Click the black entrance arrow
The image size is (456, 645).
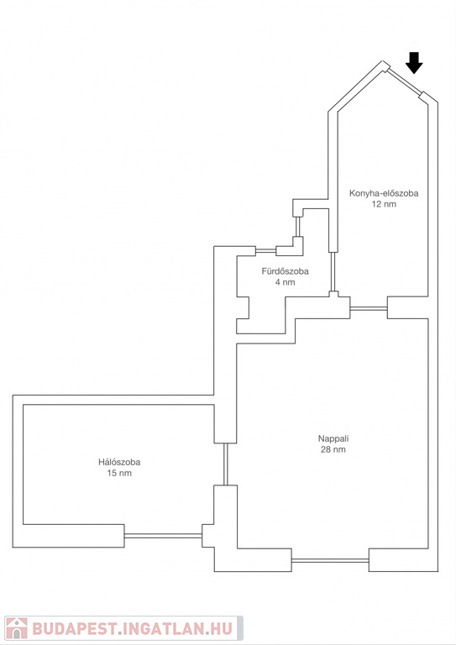414,63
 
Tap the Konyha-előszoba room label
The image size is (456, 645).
384,193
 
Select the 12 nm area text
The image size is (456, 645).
384,204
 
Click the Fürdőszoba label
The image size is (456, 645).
285,271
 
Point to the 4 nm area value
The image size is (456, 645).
285,282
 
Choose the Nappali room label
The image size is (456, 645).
333,438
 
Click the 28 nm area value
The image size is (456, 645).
333,449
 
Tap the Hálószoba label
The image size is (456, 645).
119,462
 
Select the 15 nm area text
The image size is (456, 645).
119,473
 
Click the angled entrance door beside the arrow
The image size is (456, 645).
404,81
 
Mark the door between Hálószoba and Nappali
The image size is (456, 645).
225,464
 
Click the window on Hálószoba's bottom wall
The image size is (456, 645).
163,536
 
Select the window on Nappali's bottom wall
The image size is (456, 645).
330,560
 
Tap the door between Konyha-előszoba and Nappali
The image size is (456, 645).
369,307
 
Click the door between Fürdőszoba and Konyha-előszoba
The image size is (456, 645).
333,271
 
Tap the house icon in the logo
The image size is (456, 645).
17,628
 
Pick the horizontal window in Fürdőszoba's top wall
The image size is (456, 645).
265,250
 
